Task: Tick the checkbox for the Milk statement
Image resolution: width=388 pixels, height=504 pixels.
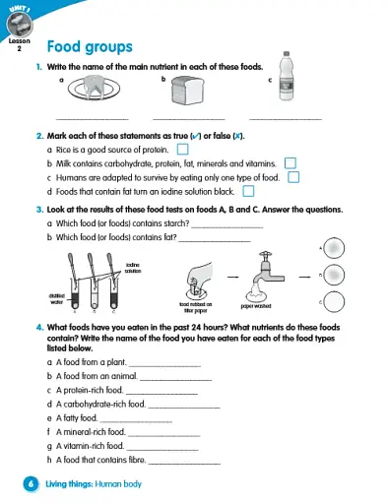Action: pyautogui.click(x=290, y=162)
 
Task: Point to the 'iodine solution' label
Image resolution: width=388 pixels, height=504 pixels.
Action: pyautogui.click(x=134, y=268)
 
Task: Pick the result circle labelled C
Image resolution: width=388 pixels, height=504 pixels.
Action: pyautogui.click(x=334, y=300)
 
